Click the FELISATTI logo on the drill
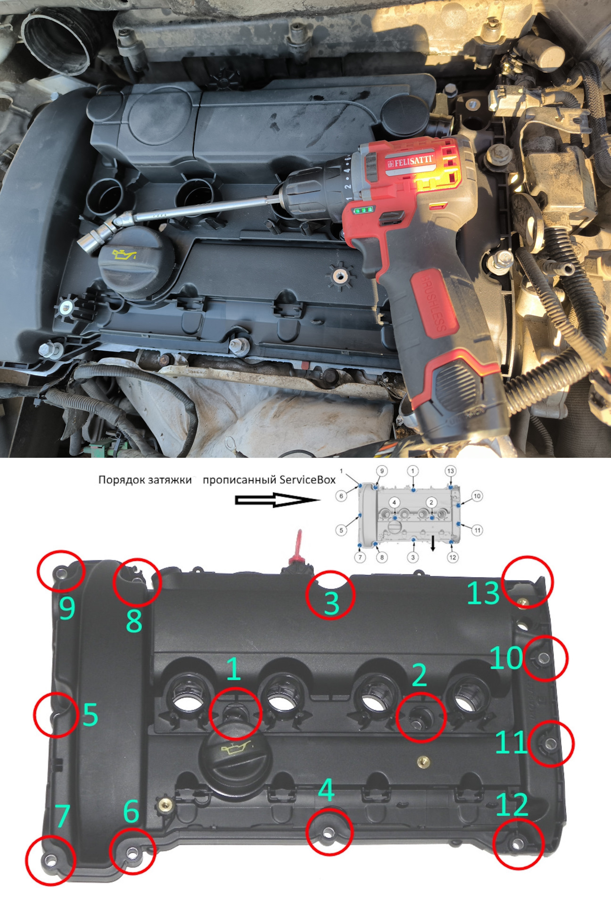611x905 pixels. (410, 161)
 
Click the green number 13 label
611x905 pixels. (483, 592)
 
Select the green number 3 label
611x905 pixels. (331, 603)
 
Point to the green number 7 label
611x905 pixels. (62, 816)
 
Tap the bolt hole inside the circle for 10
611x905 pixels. (543, 658)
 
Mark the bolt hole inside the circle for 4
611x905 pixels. (329, 833)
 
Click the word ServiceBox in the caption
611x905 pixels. (307, 480)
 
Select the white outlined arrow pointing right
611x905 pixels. (275, 500)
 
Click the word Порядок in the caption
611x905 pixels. (119, 480)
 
